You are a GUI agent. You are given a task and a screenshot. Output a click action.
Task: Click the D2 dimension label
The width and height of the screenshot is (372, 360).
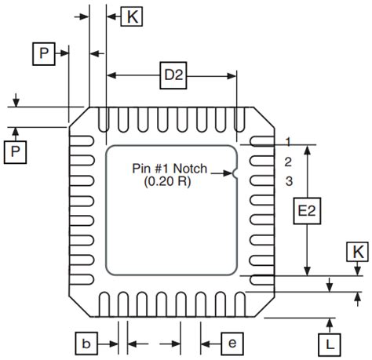[x=173, y=75]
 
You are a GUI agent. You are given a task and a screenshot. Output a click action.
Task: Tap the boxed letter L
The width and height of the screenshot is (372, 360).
[x=330, y=343]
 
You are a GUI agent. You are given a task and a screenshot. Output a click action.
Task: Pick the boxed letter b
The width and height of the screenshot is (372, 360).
[x=88, y=343]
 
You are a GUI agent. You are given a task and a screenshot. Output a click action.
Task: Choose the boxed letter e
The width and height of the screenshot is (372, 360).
[x=233, y=343]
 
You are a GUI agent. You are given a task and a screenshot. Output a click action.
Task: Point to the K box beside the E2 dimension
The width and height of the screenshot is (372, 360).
[x=358, y=251]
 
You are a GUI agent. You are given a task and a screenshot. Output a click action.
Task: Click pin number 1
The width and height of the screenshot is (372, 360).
[x=289, y=142]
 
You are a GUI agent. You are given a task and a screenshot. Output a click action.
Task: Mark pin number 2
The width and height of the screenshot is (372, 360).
[x=289, y=162]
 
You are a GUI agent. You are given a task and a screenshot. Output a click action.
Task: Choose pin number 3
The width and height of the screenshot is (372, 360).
[x=289, y=182]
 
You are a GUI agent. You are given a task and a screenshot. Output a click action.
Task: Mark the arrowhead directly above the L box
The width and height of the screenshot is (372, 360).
[x=330, y=322]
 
